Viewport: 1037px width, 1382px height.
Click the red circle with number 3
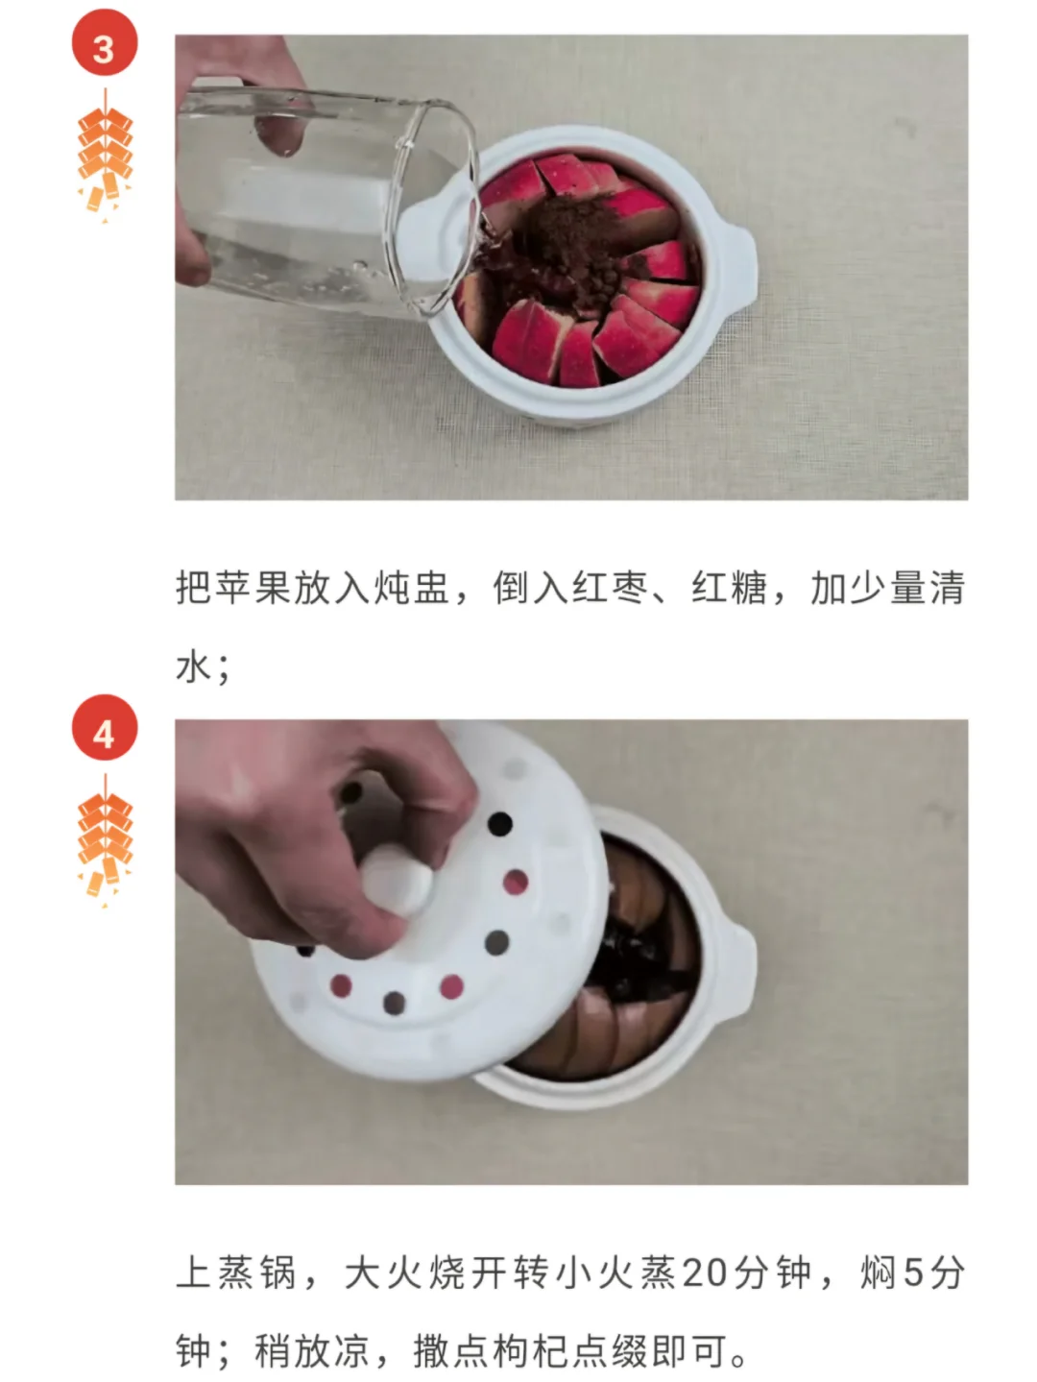pos(105,43)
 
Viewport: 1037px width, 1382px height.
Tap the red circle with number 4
pos(105,727)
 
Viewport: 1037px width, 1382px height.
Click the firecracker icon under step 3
pos(105,157)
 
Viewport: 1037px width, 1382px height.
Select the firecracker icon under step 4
pos(105,840)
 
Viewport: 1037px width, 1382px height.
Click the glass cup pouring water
pos(327,202)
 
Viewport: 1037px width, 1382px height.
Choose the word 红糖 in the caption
pos(729,588)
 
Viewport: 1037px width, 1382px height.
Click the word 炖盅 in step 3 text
pos(412,588)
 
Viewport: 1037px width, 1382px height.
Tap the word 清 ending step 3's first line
pos(948,588)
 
